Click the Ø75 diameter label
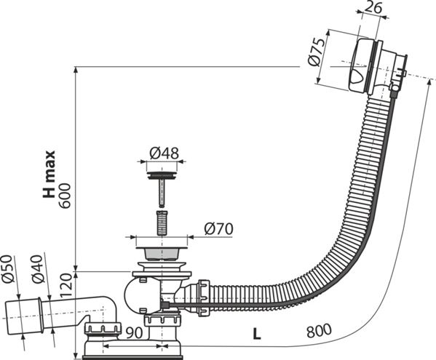[317, 52]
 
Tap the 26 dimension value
[373, 8]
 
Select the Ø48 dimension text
[164, 153]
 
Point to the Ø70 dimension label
[218, 229]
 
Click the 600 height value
[66, 196]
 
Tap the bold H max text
[49, 174]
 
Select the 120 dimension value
[66, 286]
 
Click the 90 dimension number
[134, 333]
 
